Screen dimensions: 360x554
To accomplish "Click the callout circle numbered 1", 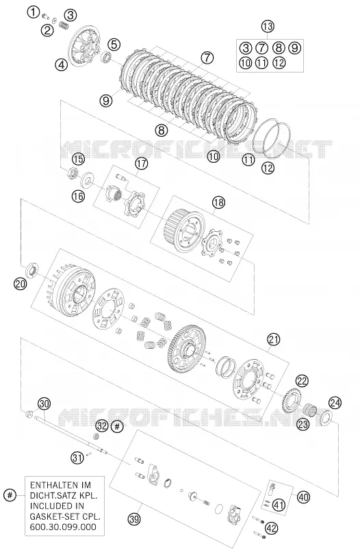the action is click(x=33, y=13).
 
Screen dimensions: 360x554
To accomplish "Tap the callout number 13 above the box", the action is click(x=268, y=26).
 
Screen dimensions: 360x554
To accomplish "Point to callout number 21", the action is click(x=273, y=339).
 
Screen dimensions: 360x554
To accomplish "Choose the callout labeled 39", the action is click(x=134, y=519).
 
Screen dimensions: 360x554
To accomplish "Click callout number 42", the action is click(x=272, y=528).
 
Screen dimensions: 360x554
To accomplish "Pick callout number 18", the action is click(x=218, y=202).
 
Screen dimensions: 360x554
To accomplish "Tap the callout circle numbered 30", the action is click(x=44, y=403).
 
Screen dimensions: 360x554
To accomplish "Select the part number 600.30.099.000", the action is click(x=60, y=527).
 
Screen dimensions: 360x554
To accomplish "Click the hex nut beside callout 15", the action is click(x=73, y=173).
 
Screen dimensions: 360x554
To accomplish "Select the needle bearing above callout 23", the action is click(x=311, y=411).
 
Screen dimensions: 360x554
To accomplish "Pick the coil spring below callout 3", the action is click(x=64, y=25).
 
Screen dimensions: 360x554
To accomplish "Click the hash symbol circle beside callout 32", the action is click(x=117, y=426).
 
